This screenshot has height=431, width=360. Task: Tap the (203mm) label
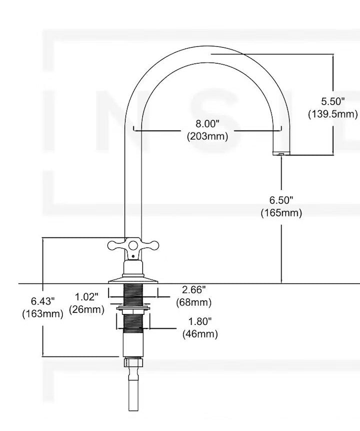(x=207, y=136)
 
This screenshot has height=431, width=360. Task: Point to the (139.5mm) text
(x=332, y=114)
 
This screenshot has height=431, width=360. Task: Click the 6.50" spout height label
(x=281, y=200)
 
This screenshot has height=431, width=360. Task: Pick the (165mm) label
(x=281, y=213)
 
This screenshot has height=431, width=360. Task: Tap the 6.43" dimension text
(x=42, y=301)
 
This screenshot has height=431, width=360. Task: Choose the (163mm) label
(x=42, y=314)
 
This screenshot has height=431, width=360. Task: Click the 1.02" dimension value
(x=86, y=297)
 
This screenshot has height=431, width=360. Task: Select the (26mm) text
(x=86, y=309)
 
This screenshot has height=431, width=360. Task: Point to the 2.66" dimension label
(x=193, y=289)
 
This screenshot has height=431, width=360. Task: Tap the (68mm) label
(x=193, y=302)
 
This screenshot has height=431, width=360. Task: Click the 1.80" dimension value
(x=200, y=321)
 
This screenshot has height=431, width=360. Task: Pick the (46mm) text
(x=200, y=334)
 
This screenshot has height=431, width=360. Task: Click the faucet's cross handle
(x=133, y=245)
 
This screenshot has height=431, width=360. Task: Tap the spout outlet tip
(x=280, y=152)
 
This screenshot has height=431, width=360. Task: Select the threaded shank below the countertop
(x=133, y=295)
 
